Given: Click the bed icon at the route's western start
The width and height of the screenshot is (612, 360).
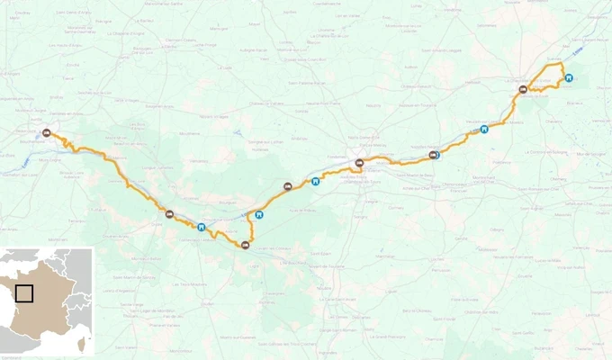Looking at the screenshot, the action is (x=46, y=132).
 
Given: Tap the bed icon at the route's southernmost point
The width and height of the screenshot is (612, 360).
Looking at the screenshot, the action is (x=245, y=244).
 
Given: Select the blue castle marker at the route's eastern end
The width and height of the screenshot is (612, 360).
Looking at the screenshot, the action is (x=569, y=77).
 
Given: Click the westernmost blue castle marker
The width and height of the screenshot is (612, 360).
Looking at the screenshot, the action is (x=201, y=227).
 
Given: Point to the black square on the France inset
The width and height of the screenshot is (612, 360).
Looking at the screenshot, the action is (x=24, y=293).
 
